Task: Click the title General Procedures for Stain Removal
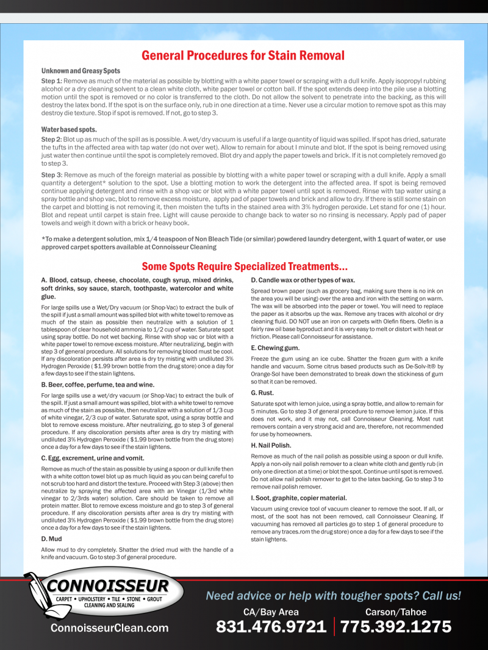tap(243, 55)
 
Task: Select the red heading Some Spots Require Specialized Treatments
tap(245, 266)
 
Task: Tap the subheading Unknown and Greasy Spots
tap(81, 71)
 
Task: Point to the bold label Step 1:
tap(51, 80)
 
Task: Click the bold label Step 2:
tap(51, 140)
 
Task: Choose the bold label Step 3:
tap(51, 174)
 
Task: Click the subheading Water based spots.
tap(69, 129)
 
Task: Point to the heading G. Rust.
tap(262, 393)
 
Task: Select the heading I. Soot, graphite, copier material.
tap(299, 498)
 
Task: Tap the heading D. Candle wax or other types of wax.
tap(303, 280)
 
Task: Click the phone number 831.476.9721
tap(271, 627)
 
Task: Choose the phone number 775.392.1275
tap(396, 627)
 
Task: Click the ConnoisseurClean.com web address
tap(109, 628)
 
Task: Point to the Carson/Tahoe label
tap(396, 612)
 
